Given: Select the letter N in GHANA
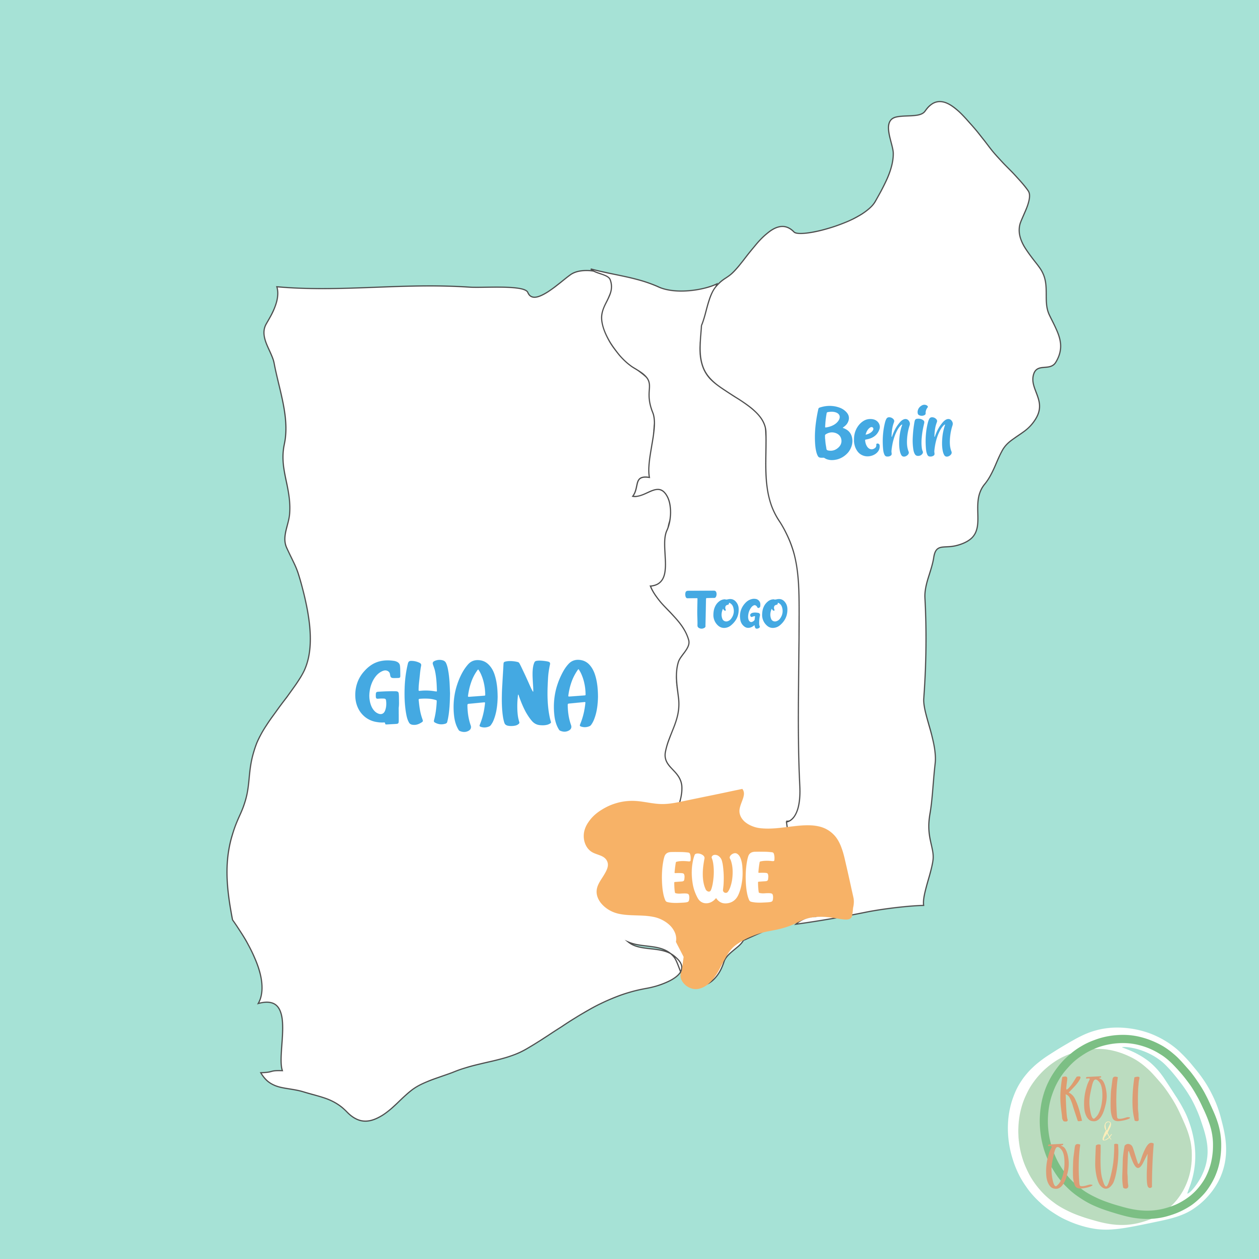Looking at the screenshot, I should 526,693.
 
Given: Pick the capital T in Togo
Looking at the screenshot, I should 700,608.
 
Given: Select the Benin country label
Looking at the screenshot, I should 884,433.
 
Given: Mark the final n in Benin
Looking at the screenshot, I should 939,438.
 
